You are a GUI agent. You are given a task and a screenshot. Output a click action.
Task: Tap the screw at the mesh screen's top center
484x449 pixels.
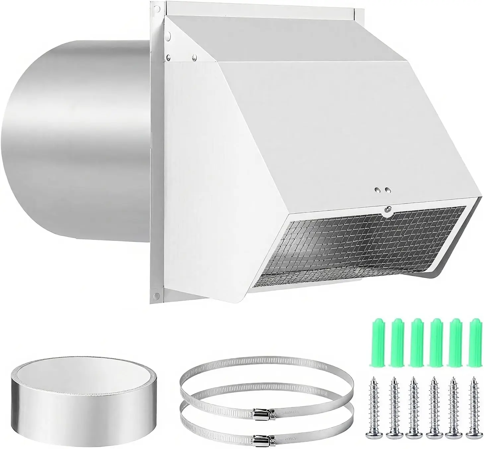coord(387,209)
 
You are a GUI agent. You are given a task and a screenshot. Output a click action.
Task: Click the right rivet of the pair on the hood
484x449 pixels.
coord(387,191)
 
